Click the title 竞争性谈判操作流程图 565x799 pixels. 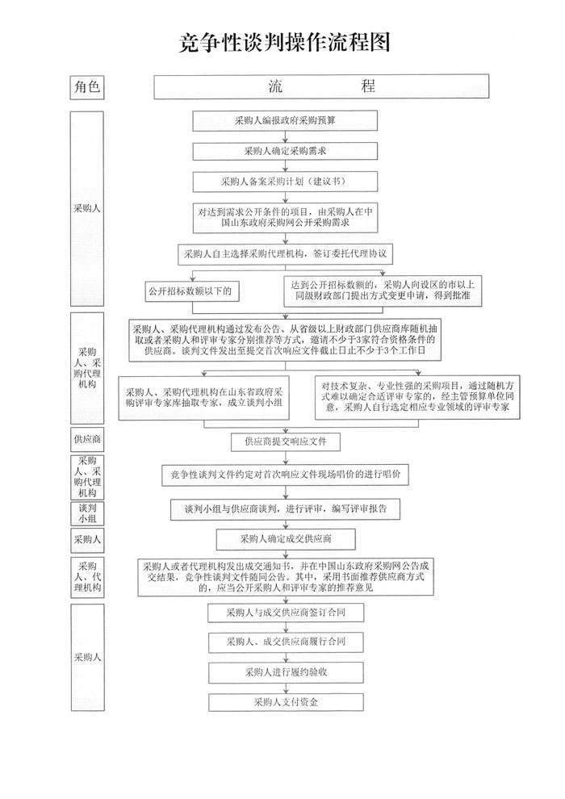(x=284, y=43)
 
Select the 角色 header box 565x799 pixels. (x=87, y=86)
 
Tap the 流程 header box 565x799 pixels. (x=321, y=86)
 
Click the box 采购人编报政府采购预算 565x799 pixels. (x=285, y=121)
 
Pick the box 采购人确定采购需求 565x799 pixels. (x=285, y=152)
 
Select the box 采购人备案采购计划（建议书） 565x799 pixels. (x=285, y=182)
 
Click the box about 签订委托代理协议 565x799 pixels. (x=285, y=253)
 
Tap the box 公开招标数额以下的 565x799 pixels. (x=192, y=291)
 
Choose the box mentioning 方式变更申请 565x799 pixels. (x=383, y=291)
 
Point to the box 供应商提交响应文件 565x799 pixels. (x=285, y=441)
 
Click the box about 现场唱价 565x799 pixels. (x=285, y=475)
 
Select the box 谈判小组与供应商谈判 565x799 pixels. (x=285, y=509)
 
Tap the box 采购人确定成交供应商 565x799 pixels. (x=286, y=539)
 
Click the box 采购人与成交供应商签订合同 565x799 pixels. (x=286, y=613)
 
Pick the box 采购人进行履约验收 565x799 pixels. (x=286, y=672)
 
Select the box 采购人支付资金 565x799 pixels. (x=286, y=702)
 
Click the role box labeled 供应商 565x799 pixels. (x=87, y=439)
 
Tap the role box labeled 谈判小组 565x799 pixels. (x=87, y=513)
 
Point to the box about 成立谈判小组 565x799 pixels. (x=203, y=398)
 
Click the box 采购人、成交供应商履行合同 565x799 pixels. (x=286, y=642)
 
